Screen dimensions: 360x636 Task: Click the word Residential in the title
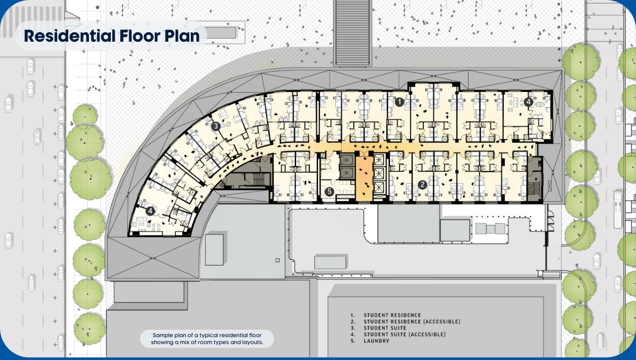(x=67, y=36)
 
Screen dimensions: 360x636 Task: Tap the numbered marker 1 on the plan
(x=399, y=102)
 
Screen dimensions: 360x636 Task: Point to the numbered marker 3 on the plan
(x=216, y=127)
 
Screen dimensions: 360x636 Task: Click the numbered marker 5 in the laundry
(x=328, y=191)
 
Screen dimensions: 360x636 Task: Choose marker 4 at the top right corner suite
(x=529, y=102)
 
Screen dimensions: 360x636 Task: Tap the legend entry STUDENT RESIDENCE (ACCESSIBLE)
(x=411, y=322)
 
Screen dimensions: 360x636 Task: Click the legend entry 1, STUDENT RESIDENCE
(x=392, y=315)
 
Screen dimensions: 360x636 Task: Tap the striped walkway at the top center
(x=353, y=32)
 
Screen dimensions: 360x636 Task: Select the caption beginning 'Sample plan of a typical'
(x=207, y=339)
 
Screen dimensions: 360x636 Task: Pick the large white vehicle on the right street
(x=618, y=209)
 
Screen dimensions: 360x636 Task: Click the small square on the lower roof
(x=277, y=260)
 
